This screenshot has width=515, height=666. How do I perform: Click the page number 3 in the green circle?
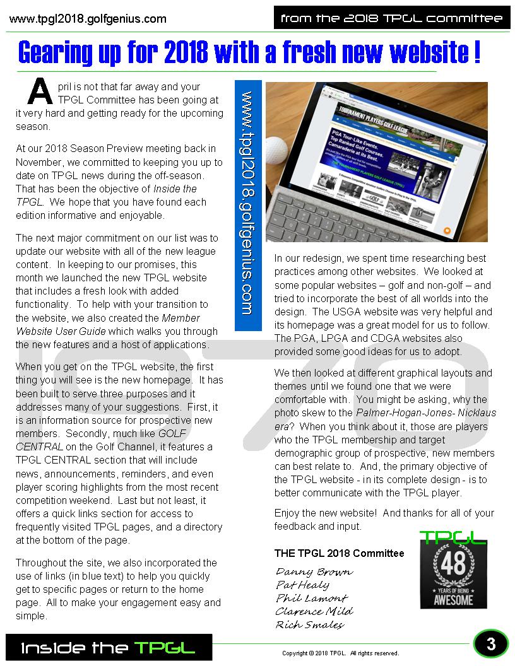(491, 644)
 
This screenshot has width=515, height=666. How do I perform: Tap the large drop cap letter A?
(40, 93)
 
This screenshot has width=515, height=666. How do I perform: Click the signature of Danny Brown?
(314, 572)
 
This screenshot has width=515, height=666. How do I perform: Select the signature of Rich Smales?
(309, 625)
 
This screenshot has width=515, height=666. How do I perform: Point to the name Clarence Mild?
(314, 612)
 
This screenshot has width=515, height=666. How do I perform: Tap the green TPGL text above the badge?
(453, 537)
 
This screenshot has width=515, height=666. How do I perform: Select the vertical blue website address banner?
(247, 204)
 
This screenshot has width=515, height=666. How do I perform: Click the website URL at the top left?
(88, 19)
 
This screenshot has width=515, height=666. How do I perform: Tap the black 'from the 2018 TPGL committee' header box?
(392, 18)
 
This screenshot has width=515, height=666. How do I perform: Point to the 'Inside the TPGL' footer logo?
(109, 648)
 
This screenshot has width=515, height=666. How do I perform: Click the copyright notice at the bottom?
(340, 653)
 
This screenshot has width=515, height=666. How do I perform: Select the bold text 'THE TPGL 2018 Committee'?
(339, 553)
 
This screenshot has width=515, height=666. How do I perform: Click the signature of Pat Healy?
(302, 585)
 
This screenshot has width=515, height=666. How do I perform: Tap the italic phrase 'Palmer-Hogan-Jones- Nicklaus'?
(426, 413)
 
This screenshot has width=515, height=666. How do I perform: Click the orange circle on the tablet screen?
(447, 230)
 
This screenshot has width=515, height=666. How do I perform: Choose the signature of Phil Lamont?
(311, 599)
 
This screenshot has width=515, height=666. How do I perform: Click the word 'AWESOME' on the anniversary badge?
(453, 599)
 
